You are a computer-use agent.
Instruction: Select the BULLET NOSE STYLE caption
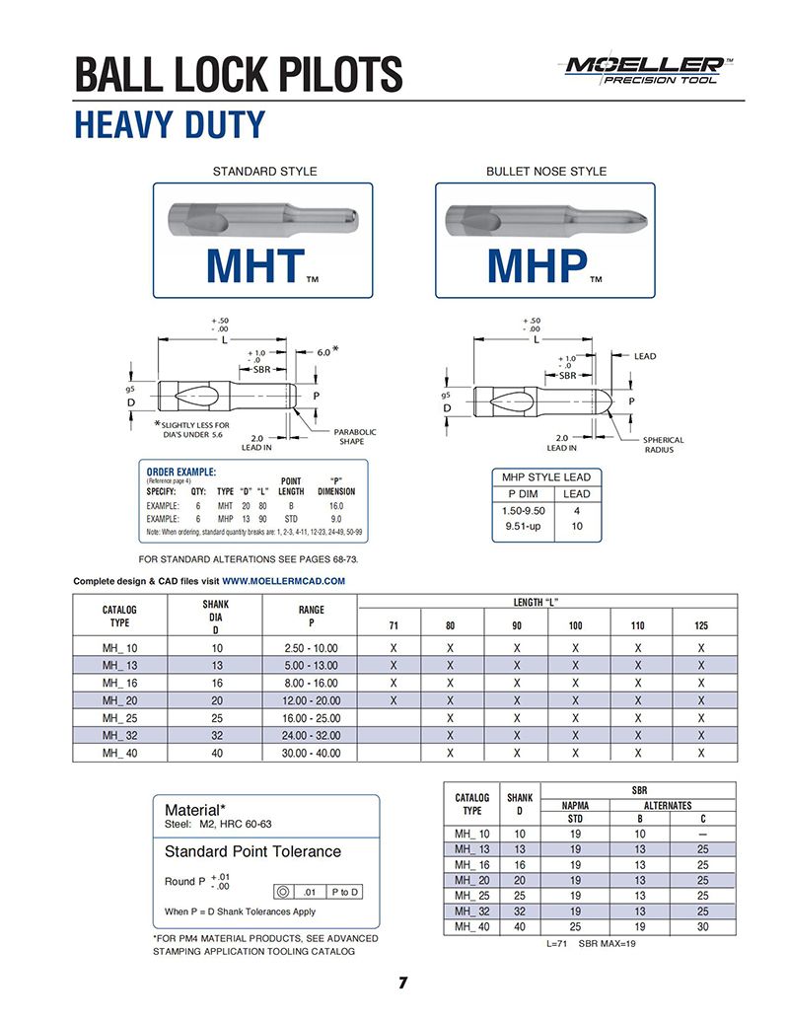click(545, 172)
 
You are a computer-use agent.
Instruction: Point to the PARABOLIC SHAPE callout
click(356, 437)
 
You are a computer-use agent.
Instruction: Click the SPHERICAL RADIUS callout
click(663, 445)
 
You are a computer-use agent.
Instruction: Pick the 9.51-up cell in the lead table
click(524, 526)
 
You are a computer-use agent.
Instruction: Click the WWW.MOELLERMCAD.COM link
click(284, 581)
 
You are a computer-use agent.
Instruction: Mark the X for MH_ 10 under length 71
click(394, 647)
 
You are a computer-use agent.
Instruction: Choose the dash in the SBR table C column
click(702, 835)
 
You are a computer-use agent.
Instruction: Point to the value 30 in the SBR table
click(702, 927)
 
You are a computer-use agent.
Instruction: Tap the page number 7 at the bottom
click(403, 983)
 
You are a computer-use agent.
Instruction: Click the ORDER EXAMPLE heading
click(181, 472)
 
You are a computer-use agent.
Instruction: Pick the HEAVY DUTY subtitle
click(170, 125)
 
